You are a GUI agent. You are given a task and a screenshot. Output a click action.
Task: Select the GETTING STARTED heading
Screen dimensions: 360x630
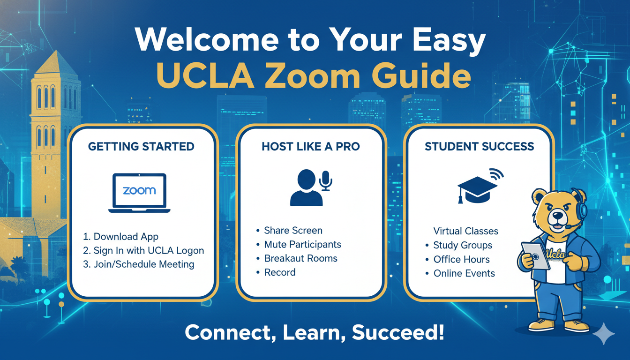click(141, 147)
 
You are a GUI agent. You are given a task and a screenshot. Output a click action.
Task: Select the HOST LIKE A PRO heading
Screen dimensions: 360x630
click(311, 147)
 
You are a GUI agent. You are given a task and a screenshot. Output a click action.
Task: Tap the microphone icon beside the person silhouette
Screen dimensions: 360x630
click(325, 180)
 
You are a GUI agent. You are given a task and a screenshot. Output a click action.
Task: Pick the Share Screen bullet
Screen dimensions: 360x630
click(293, 230)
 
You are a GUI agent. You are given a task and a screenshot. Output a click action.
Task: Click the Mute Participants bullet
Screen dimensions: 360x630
click(302, 244)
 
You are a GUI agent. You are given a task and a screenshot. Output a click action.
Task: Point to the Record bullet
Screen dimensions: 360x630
click(280, 272)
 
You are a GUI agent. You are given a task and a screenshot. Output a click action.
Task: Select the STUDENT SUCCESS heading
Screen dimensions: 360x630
click(479, 147)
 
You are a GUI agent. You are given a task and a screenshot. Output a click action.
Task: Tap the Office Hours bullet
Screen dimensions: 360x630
click(461, 259)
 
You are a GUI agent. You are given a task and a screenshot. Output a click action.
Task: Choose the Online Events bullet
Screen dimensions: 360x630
click(464, 273)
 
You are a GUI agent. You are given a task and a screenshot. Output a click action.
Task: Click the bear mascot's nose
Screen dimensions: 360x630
click(557, 215)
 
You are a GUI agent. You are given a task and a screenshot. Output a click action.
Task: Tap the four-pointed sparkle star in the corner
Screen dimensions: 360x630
click(604, 334)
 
